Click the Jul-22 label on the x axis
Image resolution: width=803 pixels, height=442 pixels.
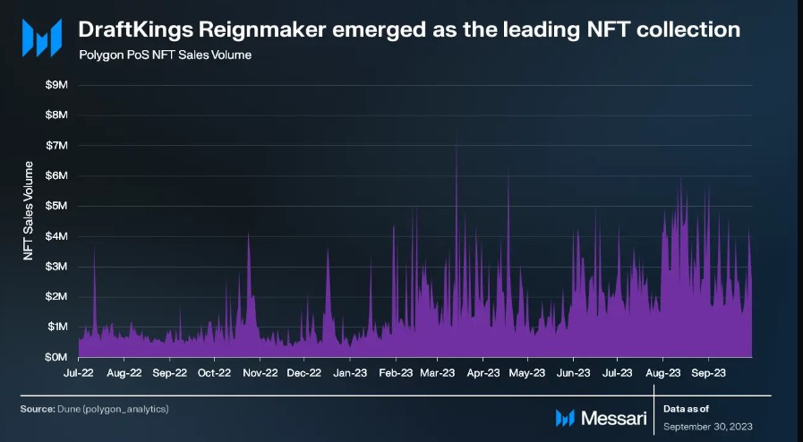pyautogui.click(x=79, y=372)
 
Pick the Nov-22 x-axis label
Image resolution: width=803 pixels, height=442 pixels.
pyautogui.click(x=259, y=372)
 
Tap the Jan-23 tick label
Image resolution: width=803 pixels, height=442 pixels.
pyautogui.click(x=349, y=372)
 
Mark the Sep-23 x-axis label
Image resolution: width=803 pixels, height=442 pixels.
pyautogui.click(x=707, y=372)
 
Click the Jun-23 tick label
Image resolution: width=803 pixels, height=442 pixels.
pyautogui.click(x=573, y=372)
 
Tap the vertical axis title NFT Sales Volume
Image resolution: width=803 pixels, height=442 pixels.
pyautogui.click(x=29, y=211)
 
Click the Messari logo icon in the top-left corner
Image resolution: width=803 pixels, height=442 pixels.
pyautogui.click(x=41, y=37)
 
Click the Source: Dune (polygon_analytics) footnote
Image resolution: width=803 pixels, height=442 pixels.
pyautogui.click(x=94, y=409)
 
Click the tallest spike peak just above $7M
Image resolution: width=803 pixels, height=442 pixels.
pyautogui.click(x=457, y=143)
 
